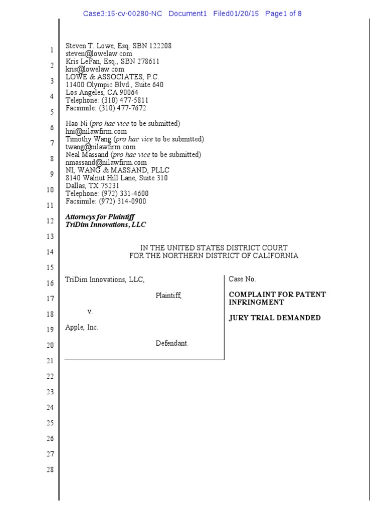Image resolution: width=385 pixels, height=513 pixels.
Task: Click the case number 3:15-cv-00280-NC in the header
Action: pos(123,14)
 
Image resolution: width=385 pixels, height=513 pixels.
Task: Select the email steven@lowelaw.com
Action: pos(99,53)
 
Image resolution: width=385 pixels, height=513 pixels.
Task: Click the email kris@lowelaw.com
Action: pos(95,69)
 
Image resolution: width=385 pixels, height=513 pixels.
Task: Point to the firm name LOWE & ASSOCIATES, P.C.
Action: pos(112,77)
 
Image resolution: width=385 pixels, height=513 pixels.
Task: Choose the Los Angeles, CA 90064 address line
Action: pos(102,93)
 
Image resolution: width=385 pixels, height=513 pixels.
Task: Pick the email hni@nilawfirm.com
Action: pos(96,131)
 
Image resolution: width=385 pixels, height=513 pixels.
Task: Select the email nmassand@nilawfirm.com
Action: pos(106,162)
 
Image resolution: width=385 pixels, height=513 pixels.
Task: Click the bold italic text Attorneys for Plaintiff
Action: pos(100,217)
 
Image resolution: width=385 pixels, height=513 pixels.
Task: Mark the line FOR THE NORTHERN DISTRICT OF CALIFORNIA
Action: pos(214,256)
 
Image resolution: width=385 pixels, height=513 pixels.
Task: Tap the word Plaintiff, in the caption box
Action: pos(168,296)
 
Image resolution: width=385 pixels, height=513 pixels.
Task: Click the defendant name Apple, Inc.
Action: pos(82,327)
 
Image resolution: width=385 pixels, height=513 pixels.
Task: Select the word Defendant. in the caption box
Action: pos(172,343)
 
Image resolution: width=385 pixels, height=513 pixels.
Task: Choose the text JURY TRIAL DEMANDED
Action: pos(275,318)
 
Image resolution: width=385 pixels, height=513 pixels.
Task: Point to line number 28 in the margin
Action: pos(50,470)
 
